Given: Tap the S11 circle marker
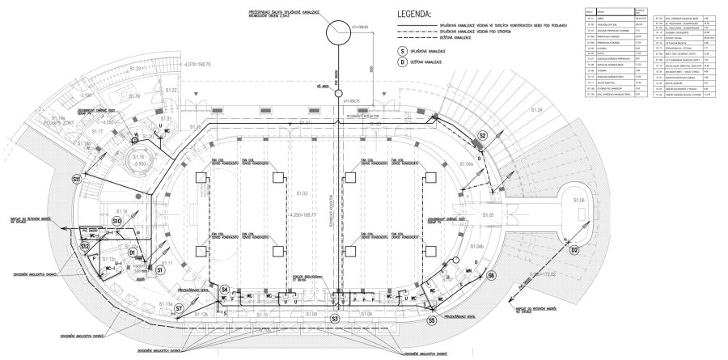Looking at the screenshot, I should click(76, 177).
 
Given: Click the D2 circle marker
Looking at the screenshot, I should click(575, 251).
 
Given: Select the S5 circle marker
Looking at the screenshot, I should click(432, 321).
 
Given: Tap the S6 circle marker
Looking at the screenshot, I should click(491, 276).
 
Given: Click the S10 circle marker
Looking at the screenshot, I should click(116, 220).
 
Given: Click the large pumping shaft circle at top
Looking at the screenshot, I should click(335, 32).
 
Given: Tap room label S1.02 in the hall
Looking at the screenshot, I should click(303, 194).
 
